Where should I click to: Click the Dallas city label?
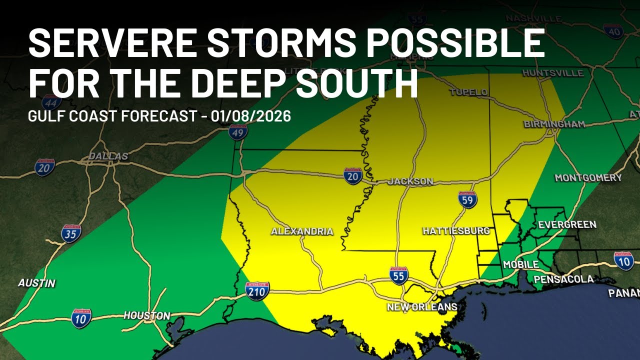(x=108, y=156)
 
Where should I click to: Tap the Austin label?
(x=36, y=283)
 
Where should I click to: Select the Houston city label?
(x=147, y=316)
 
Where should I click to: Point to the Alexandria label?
(x=302, y=231)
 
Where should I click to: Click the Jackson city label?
(x=409, y=181)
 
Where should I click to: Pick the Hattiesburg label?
(x=456, y=231)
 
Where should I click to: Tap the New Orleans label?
(x=422, y=307)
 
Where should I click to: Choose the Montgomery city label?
(x=588, y=178)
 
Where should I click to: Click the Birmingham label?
(x=554, y=124)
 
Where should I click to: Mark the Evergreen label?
(x=567, y=224)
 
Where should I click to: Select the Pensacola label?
(x=563, y=279)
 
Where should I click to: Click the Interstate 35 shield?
(x=71, y=233)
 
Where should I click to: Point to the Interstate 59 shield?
(x=467, y=199)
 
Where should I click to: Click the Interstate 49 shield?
(x=238, y=131)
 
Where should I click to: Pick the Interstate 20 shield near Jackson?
(x=353, y=176)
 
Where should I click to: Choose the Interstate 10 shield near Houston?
(x=81, y=318)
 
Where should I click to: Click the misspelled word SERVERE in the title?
(x=111, y=43)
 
